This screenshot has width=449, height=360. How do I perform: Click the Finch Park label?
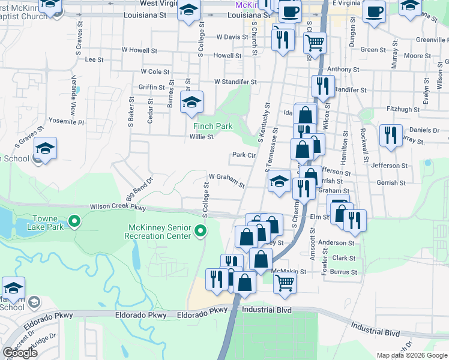(212, 127)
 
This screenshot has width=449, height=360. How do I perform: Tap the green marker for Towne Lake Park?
(74, 222)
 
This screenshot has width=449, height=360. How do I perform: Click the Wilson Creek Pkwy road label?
(118, 207)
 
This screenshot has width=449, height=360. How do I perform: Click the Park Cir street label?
(244, 155)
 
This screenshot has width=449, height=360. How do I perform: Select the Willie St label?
(201, 137)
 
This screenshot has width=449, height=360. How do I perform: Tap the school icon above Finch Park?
(192, 102)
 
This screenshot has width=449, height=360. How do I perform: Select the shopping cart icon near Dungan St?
(315, 43)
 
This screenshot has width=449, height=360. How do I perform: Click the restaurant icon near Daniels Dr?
(391, 135)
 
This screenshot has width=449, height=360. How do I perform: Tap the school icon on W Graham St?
(279, 181)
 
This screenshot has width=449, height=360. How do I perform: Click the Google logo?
(20, 353)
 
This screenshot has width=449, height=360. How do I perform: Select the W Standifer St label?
(236, 82)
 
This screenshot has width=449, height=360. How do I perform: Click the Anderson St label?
(336, 243)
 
